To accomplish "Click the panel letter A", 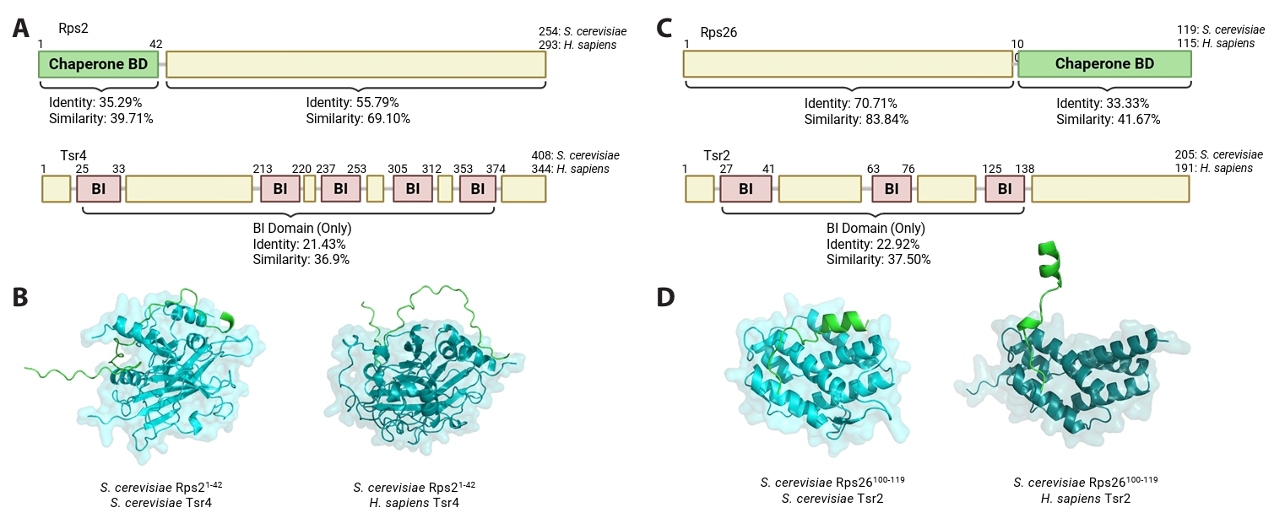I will (23, 30).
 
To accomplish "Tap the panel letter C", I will (665, 30).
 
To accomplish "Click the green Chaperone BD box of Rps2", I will (98, 64).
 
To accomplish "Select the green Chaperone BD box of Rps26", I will (1104, 64).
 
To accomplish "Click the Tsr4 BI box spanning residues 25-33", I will (99, 189).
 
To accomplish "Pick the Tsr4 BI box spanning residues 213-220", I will (280, 189).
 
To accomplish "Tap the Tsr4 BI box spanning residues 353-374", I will (478, 189).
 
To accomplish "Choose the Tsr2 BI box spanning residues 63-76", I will (891, 189).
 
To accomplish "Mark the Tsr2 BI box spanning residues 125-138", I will (1004, 189).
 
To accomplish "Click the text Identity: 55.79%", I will (346, 103).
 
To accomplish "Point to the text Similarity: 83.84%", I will (856, 119).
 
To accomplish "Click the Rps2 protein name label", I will (73, 28).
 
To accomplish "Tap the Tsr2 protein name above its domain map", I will (718, 156).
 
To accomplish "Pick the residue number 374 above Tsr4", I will (496, 169).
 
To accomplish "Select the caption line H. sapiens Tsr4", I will (410, 504).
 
